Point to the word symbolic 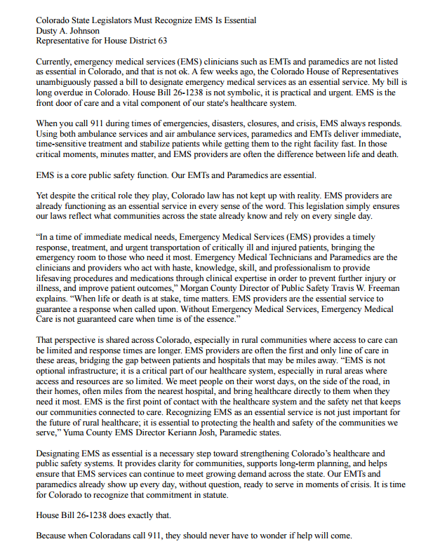tap(255, 92)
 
